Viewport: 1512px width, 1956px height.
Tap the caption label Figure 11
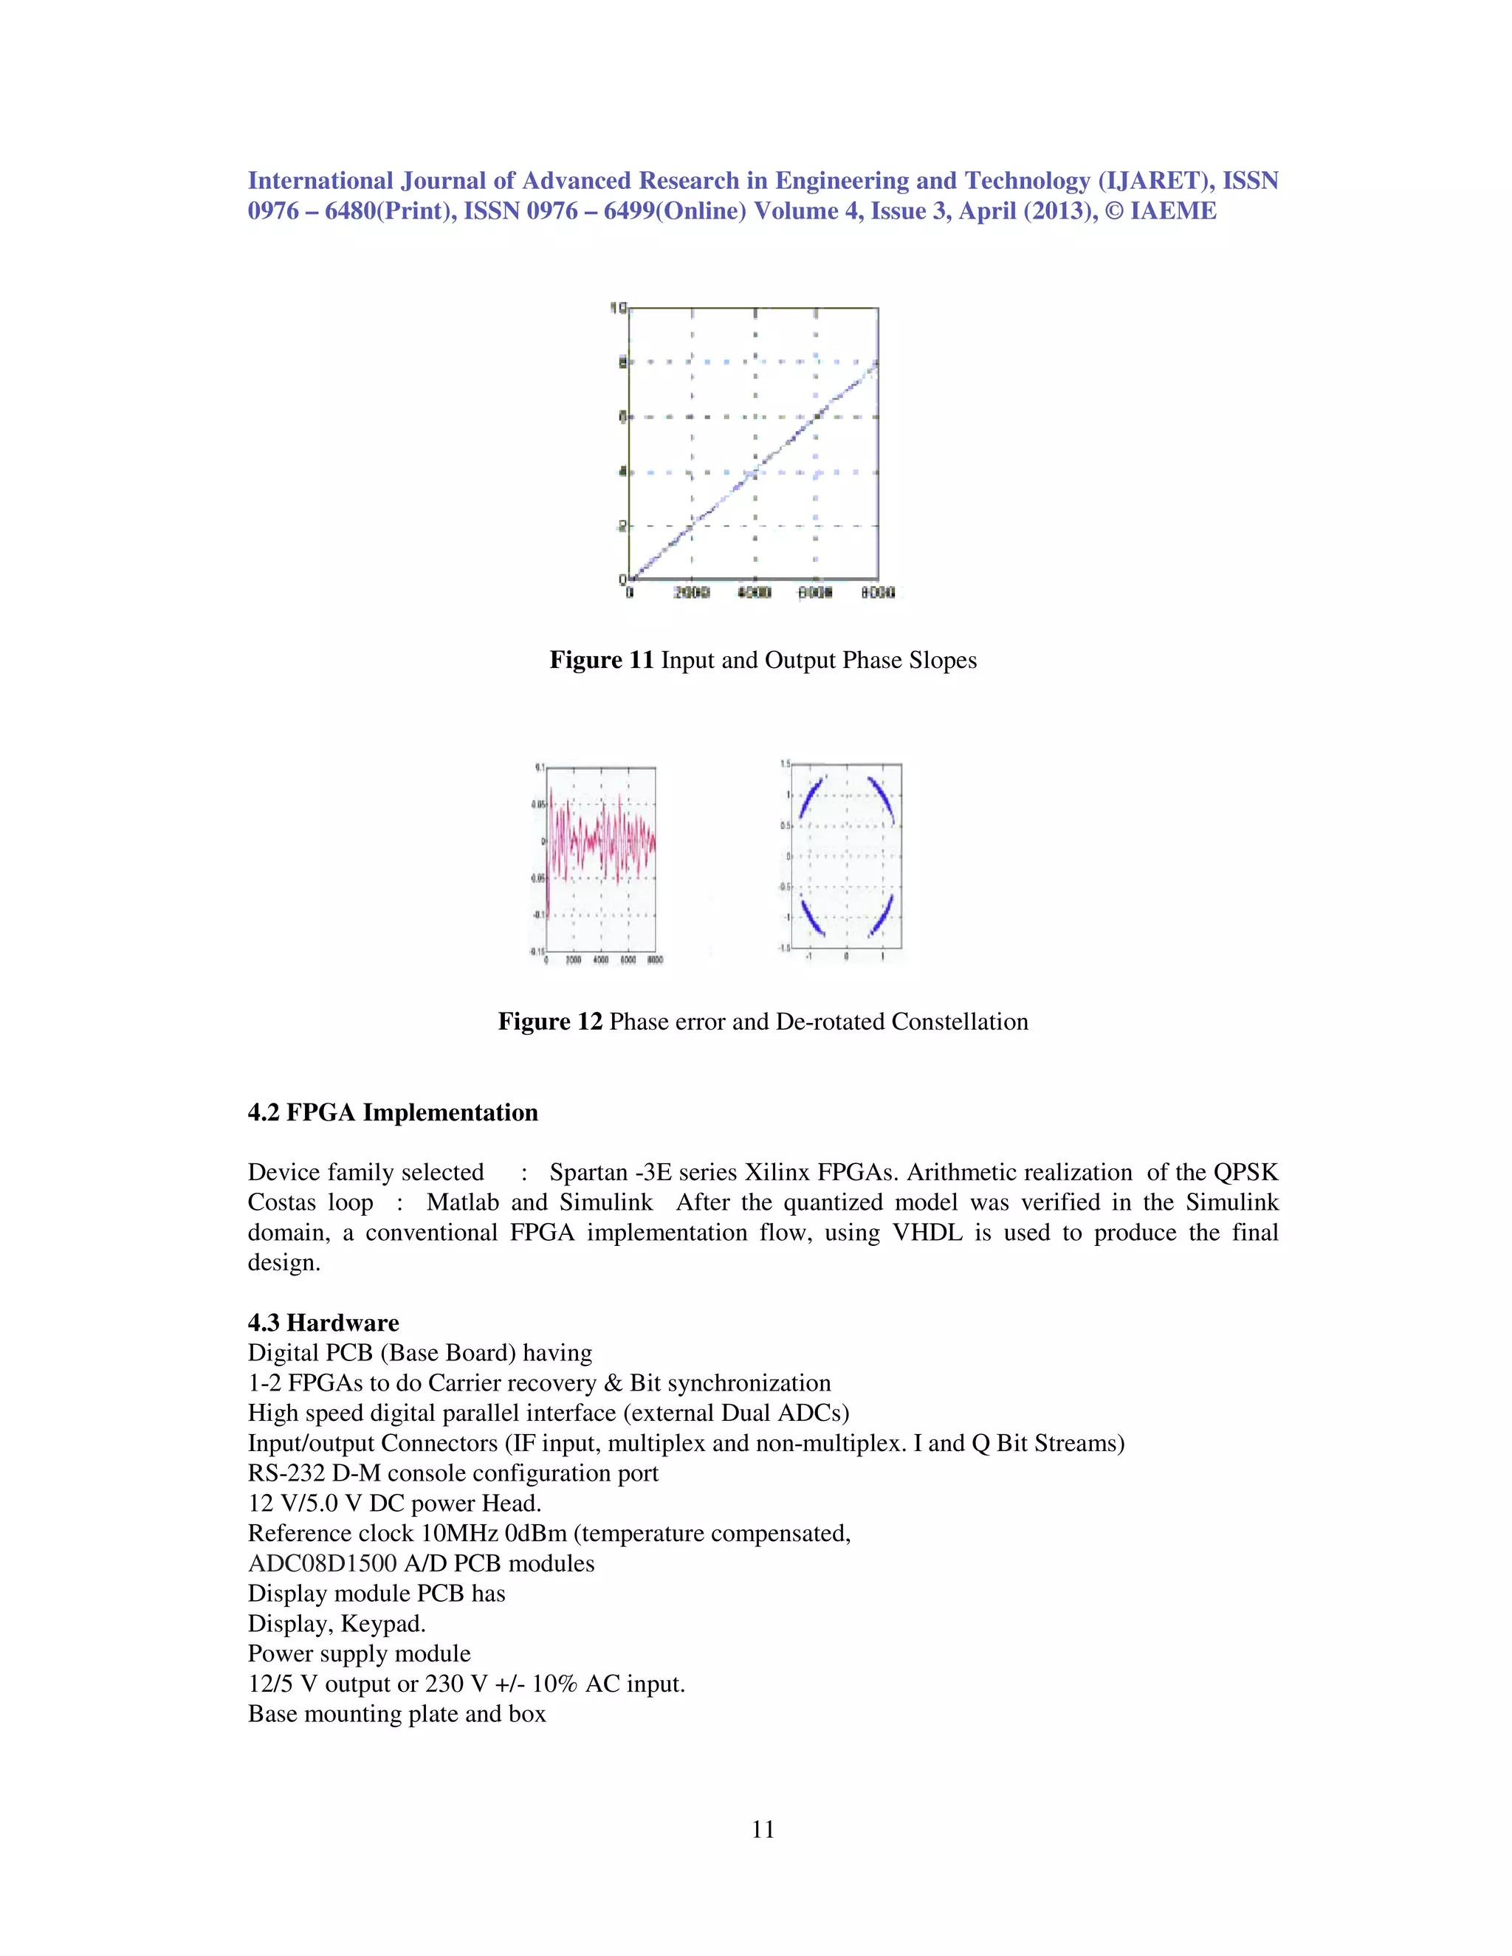[x=601, y=660]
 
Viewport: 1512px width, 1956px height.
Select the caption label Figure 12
[x=549, y=1022]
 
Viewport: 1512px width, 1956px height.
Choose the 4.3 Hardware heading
[x=323, y=1323]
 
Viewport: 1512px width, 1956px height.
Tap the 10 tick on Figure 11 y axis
[x=617, y=308]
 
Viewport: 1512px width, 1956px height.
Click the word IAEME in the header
[x=1173, y=211]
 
